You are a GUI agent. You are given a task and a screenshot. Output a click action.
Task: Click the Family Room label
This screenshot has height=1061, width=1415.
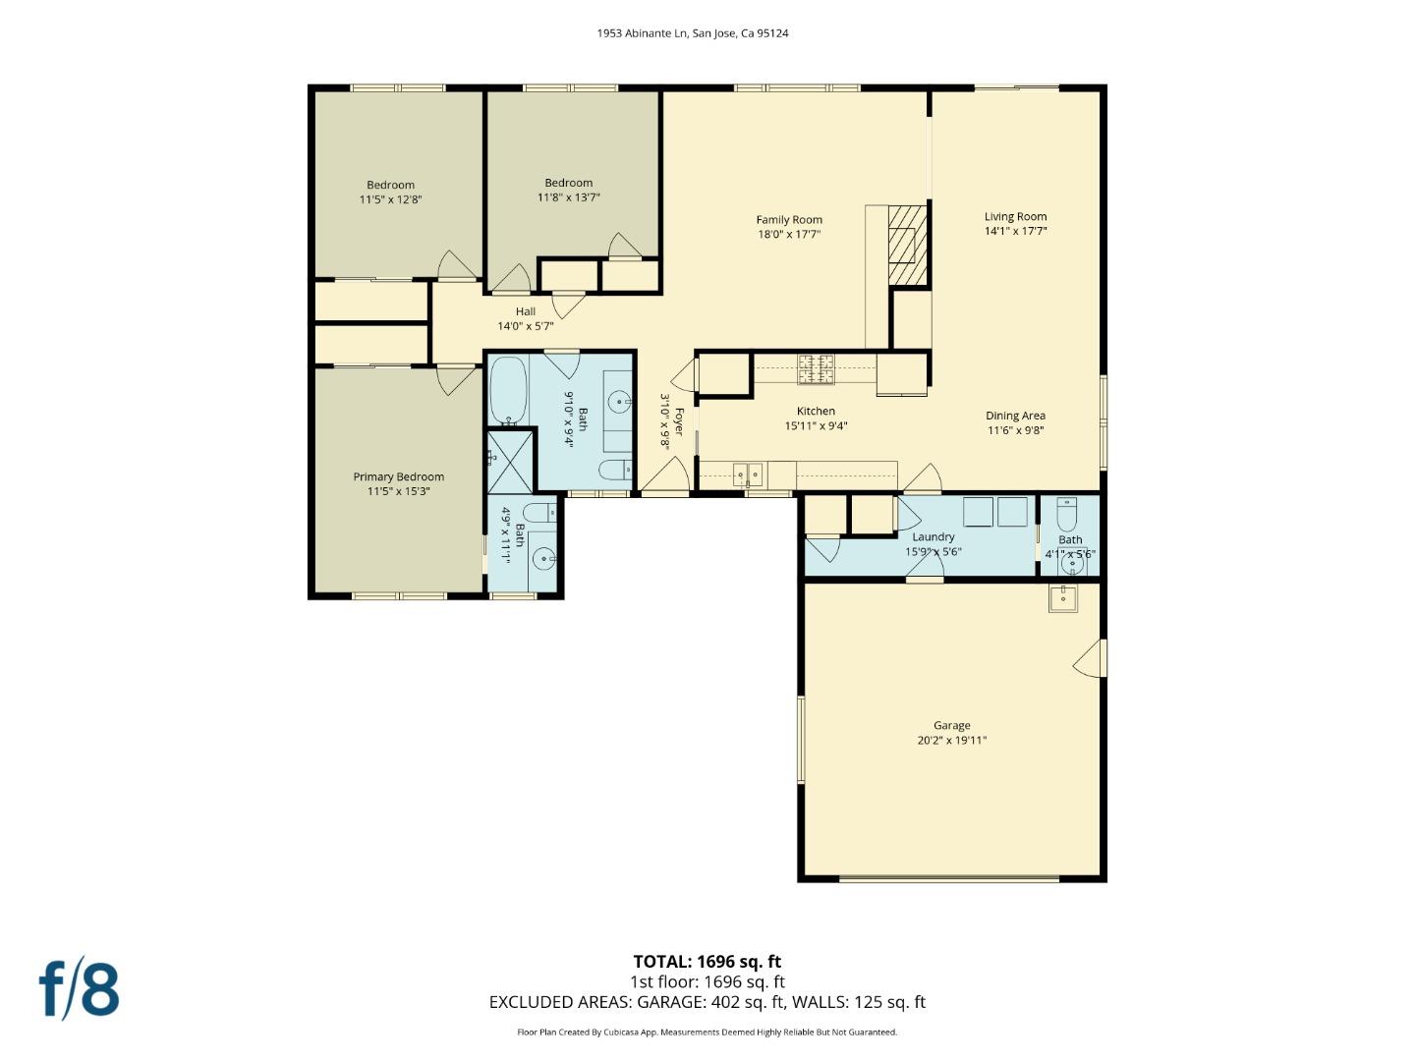click(x=788, y=220)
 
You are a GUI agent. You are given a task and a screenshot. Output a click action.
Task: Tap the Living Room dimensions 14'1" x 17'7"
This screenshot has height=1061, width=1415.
click(x=1015, y=232)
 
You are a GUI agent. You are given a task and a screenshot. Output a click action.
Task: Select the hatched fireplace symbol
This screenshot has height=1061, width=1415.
click(x=908, y=245)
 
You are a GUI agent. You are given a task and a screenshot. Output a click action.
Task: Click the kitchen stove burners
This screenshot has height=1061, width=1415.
click(x=815, y=369)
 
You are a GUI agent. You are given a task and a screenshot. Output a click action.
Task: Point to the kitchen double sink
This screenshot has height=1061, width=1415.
click(x=747, y=475)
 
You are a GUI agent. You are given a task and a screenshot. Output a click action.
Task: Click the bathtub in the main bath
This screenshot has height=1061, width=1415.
click(x=508, y=390)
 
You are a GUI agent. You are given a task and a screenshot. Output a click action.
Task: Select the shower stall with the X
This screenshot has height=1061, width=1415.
click(x=510, y=461)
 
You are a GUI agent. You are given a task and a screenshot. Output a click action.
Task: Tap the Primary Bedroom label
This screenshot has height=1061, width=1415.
click(x=398, y=477)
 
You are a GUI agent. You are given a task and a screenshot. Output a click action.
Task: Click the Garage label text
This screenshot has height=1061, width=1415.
click(x=951, y=726)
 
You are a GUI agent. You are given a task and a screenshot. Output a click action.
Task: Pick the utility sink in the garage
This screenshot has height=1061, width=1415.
click(x=1062, y=597)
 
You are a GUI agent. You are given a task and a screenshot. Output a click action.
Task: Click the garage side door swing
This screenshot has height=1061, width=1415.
click(x=1089, y=658)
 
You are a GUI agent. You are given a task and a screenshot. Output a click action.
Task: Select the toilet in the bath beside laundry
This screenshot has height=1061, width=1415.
click(x=1067, y=513)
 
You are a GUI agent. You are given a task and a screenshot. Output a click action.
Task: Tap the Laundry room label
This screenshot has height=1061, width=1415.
click(x=933, y=537)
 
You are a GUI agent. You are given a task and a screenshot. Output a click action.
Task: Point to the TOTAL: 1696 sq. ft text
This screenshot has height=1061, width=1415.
click(x=707, y=962)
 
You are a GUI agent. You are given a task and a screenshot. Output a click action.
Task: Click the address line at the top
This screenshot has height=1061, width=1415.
click(x=693, y=33)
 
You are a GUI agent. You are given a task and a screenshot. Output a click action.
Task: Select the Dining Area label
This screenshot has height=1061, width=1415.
click(x=1015, y=416)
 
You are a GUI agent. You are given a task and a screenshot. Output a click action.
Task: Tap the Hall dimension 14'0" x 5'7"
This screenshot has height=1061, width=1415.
click(x=525, y=326)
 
